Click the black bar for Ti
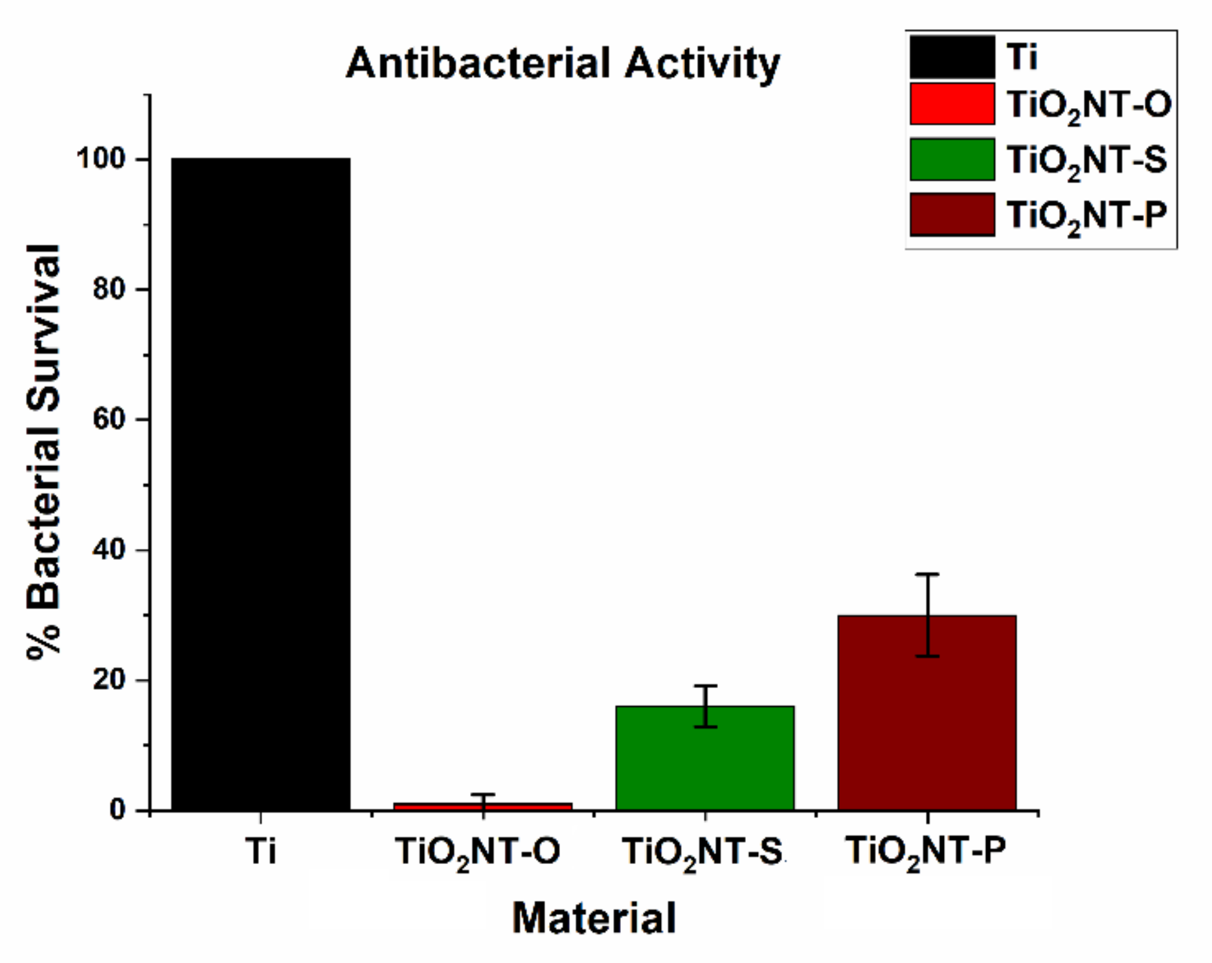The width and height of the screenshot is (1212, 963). click(260, 485)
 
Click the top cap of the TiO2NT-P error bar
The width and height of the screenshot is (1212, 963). click(927, 574)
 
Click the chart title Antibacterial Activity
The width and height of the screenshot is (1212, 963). click(563, 63)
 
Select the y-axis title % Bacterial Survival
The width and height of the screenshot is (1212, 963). click(44, 452)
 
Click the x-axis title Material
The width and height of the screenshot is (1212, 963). click(594, 918)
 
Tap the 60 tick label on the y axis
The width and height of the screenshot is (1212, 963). click(109, 419)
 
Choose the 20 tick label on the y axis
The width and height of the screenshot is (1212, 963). click(109, 680)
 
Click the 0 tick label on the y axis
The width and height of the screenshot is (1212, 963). click(117, 810)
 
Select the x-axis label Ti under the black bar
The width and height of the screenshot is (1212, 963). click(260, 851)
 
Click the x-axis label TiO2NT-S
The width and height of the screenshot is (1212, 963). click(702, 852)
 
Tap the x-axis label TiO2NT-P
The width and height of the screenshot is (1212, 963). click(926, 852)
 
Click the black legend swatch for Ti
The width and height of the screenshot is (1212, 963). click(952, 57)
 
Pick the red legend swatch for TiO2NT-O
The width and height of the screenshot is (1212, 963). click(952, 104)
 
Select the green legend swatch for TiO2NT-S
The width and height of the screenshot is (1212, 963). click(952, 159)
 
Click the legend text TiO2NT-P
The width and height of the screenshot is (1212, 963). click(1086, 215)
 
